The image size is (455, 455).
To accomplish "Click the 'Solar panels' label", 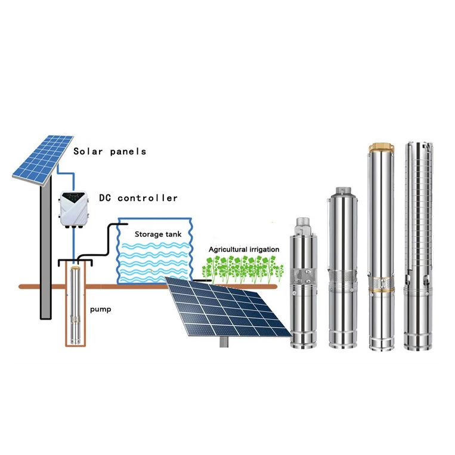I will point(110,151).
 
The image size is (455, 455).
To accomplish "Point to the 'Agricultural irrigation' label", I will point(243,249).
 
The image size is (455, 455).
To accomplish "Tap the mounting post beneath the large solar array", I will point(225,342).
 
